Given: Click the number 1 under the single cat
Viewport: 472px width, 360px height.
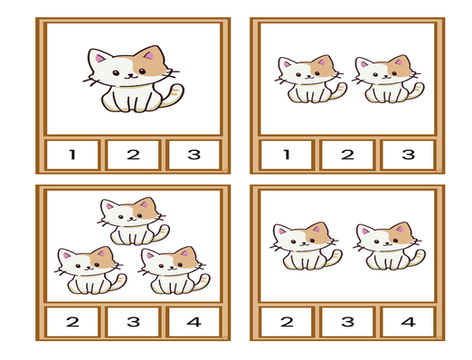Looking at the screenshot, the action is (72, 155).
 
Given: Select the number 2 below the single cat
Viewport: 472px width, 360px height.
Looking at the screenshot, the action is (133, 155).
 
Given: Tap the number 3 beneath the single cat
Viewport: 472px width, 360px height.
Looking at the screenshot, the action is (194, 155).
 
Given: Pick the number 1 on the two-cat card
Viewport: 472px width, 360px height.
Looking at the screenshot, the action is (287, 155).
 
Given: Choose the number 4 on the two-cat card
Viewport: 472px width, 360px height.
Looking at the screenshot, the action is (409, 322).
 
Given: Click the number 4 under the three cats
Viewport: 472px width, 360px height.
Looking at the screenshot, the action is (194, 322).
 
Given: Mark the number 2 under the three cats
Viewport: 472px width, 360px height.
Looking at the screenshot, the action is (72, 322).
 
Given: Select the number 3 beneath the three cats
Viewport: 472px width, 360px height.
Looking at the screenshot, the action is (133, 322).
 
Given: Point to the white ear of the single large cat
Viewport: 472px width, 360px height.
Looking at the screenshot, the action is (99, 56).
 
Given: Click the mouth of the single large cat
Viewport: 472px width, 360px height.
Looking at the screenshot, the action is (130, 77).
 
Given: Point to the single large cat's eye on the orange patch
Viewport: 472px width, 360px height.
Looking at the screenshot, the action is (142, 71).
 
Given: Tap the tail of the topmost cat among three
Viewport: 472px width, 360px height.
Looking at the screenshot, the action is (161, 232).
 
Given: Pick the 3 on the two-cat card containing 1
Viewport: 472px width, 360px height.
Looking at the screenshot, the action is (409, 155).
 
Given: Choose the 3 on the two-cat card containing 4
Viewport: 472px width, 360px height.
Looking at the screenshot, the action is (347, 322).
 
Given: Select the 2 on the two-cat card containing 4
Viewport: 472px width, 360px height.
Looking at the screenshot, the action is (287, 322).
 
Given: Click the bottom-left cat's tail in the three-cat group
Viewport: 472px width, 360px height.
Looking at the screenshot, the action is (118, 282).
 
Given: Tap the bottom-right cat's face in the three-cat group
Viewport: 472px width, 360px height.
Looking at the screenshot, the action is (173, 261).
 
